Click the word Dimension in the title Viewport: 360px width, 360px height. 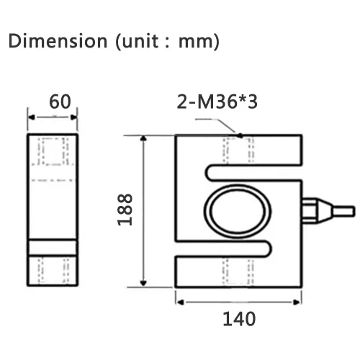click(x=58, y=41)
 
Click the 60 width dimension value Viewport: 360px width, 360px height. click(x=60, y=102)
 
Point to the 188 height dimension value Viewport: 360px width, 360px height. click(x=125, y=210)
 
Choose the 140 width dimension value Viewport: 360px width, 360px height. click(x=239, y=319)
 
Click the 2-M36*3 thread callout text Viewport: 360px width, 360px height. click(x=217, y=102)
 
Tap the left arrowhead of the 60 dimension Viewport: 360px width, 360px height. click(x=32, y=117)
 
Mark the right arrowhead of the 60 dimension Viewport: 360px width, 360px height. click(x=73, y=117)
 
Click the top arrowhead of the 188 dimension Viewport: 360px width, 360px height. click(x=143, y=138)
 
